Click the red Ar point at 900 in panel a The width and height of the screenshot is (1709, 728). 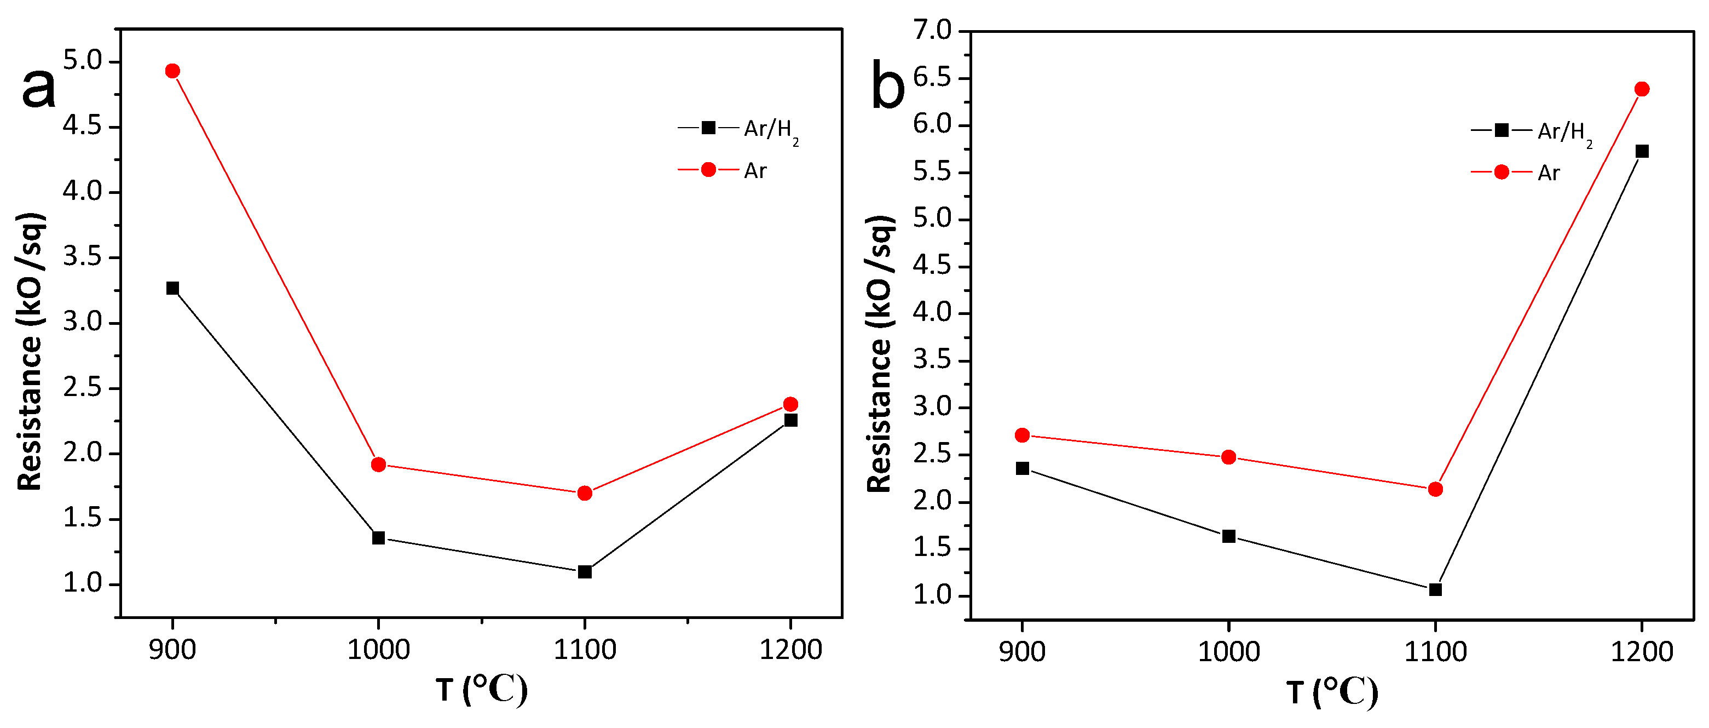172,71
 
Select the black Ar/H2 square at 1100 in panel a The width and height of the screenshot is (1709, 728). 585,571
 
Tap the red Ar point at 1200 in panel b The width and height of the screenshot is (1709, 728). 1642,89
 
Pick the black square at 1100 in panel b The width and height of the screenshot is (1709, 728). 1435,589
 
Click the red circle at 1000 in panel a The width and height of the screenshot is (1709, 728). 378,465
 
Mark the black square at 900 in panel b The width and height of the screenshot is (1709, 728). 1023,468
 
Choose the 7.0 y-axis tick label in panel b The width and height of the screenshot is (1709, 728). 932,30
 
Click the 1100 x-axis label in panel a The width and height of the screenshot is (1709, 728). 585,649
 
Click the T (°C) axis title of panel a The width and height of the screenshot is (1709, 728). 482,690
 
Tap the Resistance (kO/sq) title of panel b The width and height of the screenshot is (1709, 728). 880,354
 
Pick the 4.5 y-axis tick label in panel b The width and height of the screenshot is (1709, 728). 932,266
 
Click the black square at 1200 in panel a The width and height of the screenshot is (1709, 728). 790,420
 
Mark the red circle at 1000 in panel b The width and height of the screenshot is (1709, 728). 1229,457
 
